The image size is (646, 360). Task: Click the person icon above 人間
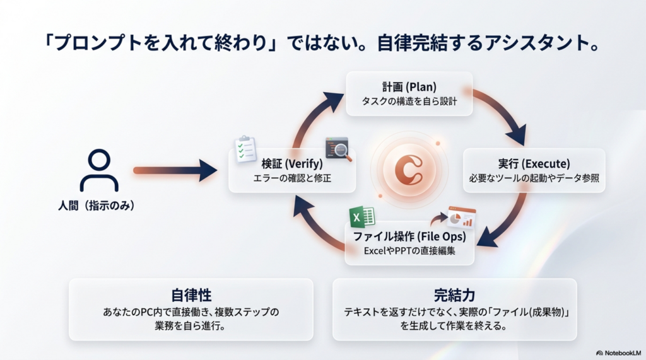tap(99, 170)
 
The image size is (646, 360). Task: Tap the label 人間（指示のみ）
tap(99, 206)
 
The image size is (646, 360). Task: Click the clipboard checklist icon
tap(245, 149)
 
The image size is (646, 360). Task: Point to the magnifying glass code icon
tap(338, 149)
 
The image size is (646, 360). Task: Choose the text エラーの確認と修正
tap(291, 178)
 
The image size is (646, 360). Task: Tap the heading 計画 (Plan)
tap(409, 86)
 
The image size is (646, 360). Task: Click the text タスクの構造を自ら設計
tap(409, 102)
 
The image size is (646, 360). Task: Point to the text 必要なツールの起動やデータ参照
tap(534, 178)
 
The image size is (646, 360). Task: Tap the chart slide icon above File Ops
tap(461, 218)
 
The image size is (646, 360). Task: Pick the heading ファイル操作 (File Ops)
tap(409, 236)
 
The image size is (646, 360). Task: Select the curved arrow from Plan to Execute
tap(505, 113)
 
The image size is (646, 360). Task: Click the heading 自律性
tap(191, 295)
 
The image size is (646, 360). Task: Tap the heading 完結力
tap(454, 295)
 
